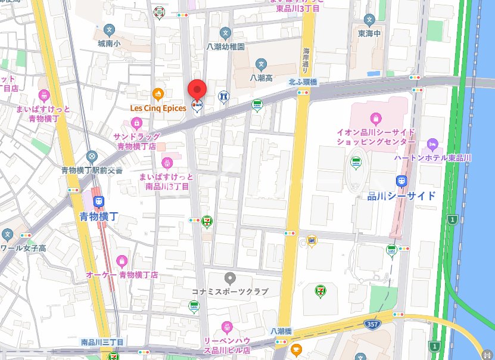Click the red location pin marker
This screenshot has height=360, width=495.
197,91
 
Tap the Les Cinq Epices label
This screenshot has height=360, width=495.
158,108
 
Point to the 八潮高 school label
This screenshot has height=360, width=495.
261,77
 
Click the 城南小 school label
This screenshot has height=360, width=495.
109,44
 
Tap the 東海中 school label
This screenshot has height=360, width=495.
370,34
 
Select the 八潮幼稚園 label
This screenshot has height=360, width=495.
226,46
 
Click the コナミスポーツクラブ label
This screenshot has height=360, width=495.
229,291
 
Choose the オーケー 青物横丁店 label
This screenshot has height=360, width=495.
122,275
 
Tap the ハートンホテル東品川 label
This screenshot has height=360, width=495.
433,157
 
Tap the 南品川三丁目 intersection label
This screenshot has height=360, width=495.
102,342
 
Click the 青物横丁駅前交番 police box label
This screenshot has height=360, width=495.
92,170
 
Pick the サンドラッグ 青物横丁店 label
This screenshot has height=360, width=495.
137,140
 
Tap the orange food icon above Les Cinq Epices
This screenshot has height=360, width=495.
158,94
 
